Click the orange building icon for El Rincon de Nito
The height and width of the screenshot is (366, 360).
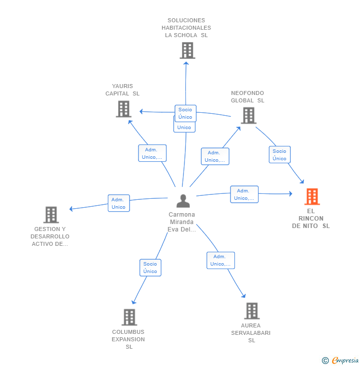coord(312,196)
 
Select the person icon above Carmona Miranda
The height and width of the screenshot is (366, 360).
coord(183,201)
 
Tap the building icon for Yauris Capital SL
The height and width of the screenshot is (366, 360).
coord(124,109)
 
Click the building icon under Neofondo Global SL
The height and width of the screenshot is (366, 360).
coord(249,116)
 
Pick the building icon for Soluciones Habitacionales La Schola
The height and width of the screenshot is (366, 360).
coord(187,50)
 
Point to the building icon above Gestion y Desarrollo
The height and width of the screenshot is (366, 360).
coord(51,215)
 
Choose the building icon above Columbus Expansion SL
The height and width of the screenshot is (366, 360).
coord(129,317)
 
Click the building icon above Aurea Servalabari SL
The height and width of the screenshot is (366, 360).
coord(252,311)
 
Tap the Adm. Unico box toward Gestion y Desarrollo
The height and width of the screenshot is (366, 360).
coord(119,203)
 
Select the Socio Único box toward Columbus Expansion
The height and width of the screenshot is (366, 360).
coord(150,268)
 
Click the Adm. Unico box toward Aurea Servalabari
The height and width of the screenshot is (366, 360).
coord(221,260)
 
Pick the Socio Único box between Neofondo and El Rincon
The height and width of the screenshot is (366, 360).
coord(279,154)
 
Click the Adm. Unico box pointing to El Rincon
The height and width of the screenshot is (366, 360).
coord(244,194)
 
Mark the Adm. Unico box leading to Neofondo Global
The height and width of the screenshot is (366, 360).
coord(215,156)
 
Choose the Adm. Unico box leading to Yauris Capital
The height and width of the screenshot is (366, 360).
coord(152,153)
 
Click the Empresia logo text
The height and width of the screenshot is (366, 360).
coord(345,360)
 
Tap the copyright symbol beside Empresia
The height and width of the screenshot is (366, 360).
coord(325,361)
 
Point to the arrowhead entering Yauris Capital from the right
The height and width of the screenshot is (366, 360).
coord(141,112)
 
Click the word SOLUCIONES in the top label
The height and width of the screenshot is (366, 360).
coord(186,20)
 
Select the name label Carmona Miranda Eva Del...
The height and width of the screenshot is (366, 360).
coord(182,222)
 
